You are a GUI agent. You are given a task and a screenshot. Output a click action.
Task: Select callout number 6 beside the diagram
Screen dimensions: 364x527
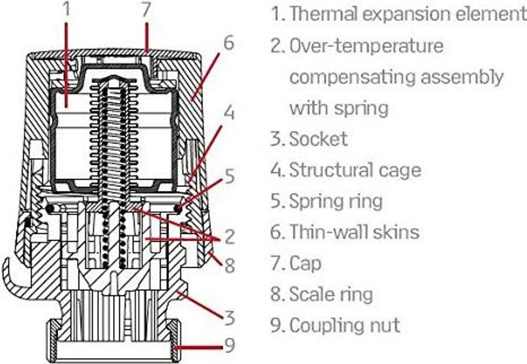(x=228, y=43)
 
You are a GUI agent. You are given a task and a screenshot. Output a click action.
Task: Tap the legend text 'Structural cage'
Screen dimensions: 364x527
(x=355, y=170)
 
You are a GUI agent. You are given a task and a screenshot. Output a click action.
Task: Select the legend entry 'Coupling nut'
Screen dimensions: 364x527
(x=344, y=325)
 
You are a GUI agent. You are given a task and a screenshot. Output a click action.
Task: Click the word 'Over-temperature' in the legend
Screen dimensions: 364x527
(x=366, y=46)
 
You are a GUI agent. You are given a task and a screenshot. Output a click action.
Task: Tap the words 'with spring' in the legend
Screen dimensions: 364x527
(x=339, y=108)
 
